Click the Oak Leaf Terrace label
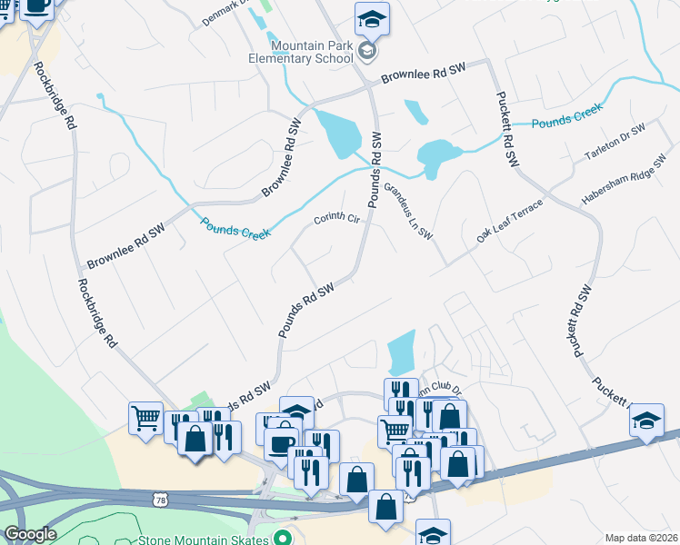509,222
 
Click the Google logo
29,535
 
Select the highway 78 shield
161,500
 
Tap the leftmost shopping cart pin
145,419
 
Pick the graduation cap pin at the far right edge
646,421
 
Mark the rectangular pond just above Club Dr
401,352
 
